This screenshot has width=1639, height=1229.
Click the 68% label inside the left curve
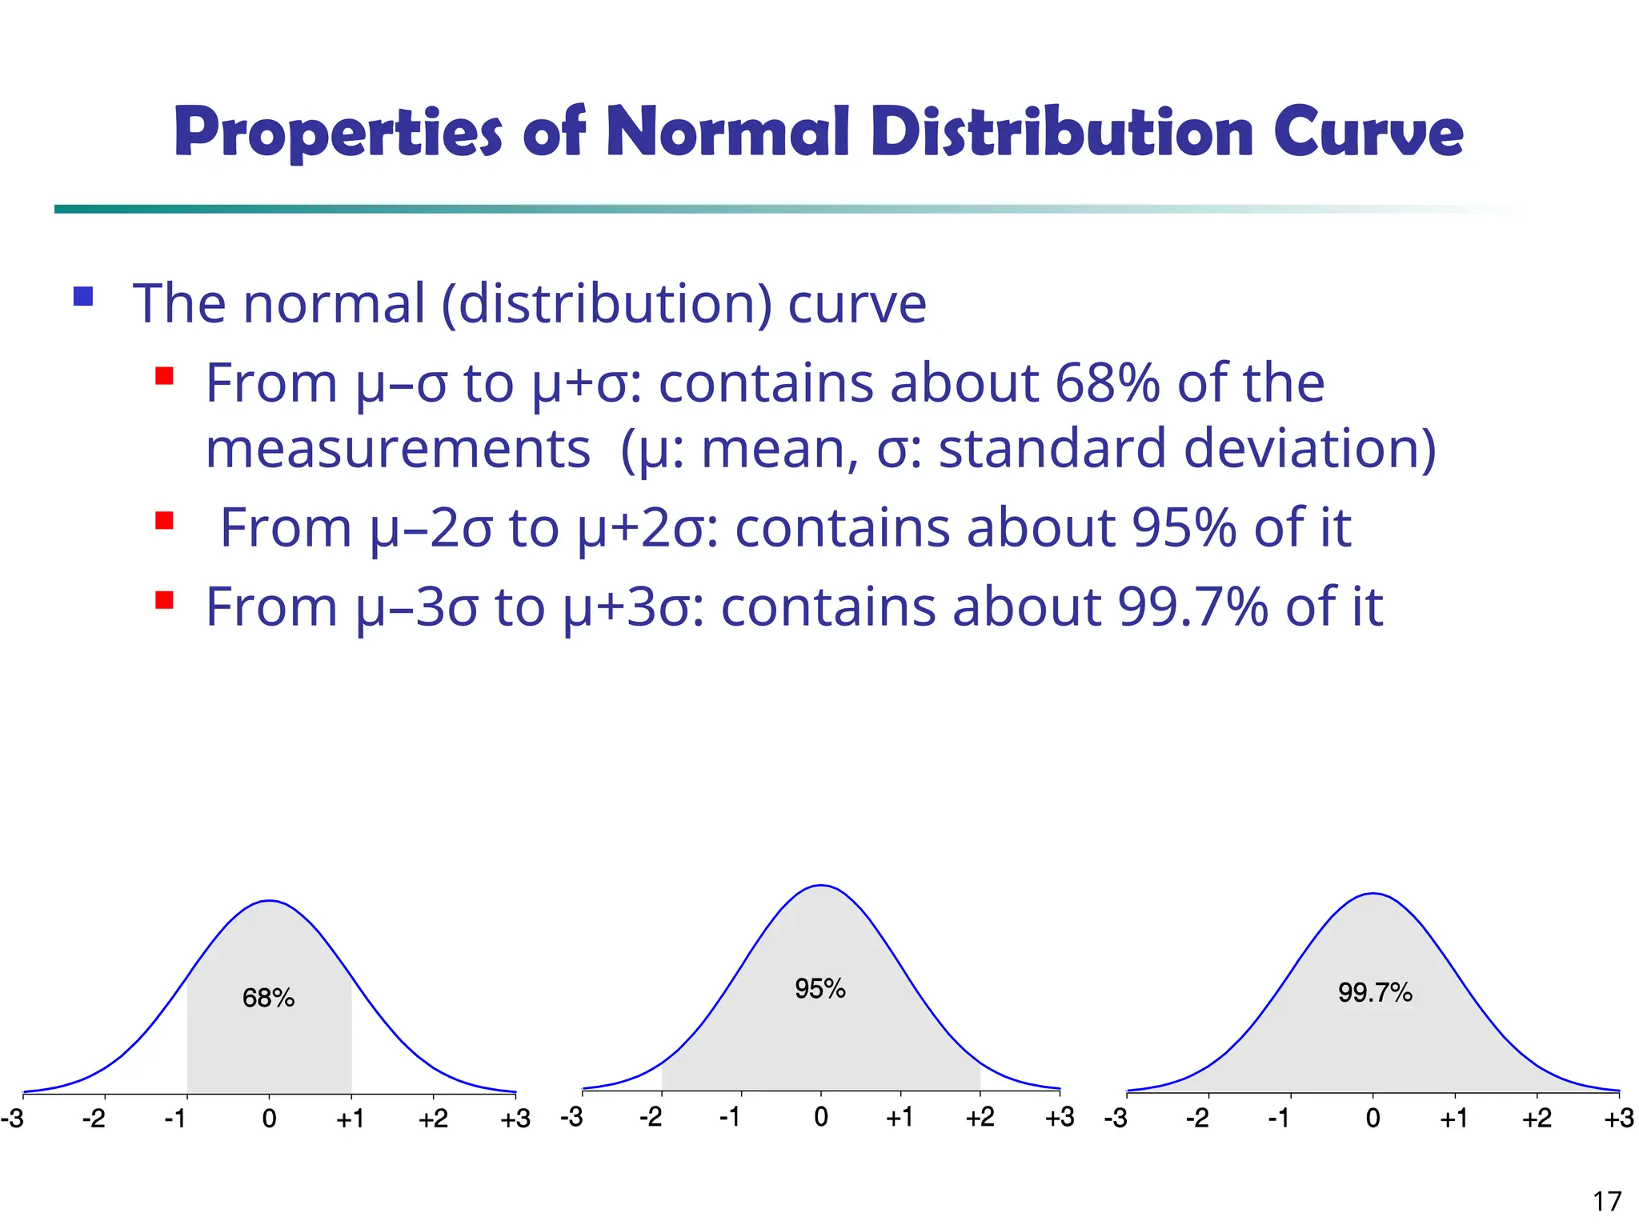(x=268, y=998)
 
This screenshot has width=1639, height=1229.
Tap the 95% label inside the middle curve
(x=819, y=989)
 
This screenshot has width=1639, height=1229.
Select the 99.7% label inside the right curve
(x=1375, y=993)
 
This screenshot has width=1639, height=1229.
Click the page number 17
(x=1607, y=1202)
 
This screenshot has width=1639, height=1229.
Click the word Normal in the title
(x=727, y=132)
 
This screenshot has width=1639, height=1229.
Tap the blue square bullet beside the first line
(x=83, y=297)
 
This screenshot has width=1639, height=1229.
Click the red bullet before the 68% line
(x=165, y=376)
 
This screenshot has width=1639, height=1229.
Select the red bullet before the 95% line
(x=165, y=521)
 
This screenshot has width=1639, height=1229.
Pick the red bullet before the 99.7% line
(x=165, y=600)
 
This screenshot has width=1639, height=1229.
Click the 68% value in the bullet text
(x=1107, y=383)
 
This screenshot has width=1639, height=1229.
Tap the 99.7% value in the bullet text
(x=1192, y=607)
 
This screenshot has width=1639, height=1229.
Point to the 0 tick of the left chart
(x=269, y=1118)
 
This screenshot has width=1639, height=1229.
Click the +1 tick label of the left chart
(x=350, y=1118)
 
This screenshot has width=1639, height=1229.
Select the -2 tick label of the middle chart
(x=651, y=1116)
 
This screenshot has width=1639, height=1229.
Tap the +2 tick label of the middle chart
(x=980, y=1116)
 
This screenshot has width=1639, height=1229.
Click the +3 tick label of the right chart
(x=1618, y=1118)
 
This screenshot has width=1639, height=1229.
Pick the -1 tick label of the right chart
(x=1279, y=1118)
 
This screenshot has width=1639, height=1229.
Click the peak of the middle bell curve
(x=820, y=886)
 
